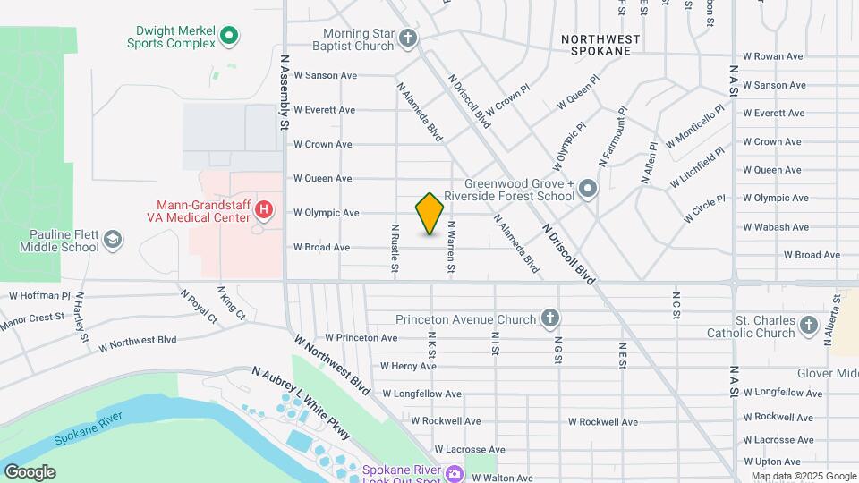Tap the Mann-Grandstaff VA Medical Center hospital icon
point(264,211)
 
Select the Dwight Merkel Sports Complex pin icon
point(229,36)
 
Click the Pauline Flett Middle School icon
point(113,239)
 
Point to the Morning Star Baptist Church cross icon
point(408,38)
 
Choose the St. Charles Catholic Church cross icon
point(809,325)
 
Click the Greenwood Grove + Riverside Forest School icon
point(588,188)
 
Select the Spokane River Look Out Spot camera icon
point(455,472)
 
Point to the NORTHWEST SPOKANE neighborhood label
point(600,45)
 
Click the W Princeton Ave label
point(361,338)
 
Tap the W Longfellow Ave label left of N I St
point(421,394)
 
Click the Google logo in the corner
point(30,472)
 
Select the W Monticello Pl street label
point(694,130)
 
